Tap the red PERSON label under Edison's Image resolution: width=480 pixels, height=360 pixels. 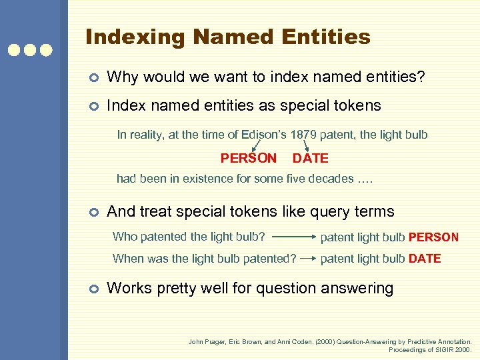click(x=249, y=159)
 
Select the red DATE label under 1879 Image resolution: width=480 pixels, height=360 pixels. click(x=311, y=159)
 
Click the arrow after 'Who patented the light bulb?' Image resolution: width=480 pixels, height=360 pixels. click(x=293, y=237)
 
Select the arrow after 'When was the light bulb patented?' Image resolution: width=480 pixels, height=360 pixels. click(x=308, y=259)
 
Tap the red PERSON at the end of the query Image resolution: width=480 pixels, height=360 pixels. click(x=433, y=237)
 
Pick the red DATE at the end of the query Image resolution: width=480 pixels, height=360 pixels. click(x=425, y=259)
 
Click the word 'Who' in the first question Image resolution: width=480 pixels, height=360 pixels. click(x=124, y=237)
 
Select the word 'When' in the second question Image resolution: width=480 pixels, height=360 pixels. click(x=127, y=259)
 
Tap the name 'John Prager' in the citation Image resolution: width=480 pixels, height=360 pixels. click(x=206, y=341)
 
